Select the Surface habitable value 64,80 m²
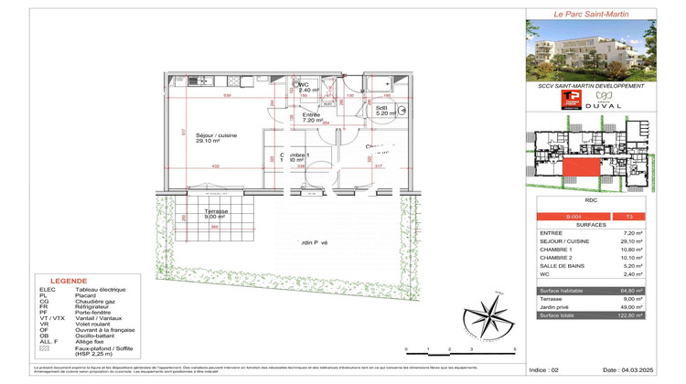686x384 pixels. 656,292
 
